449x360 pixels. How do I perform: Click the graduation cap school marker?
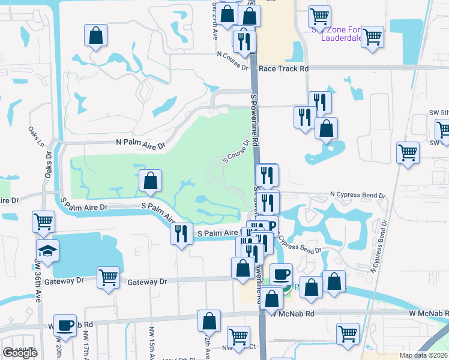(x=47, y=250)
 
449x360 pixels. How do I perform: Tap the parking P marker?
(x=271, y=227)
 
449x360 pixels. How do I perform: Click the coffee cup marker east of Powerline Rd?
(x=280, y=275)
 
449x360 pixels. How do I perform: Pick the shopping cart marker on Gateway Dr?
(x=108, y=278)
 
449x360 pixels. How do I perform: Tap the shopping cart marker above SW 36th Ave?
(x=43, y=221)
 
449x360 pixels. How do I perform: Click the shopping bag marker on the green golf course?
(x=150, y=179)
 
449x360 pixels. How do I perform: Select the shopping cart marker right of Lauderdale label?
(x=373, y=37)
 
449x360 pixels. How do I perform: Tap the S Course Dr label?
(x=236, y=152)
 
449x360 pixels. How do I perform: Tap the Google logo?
(x=20, y=353)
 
